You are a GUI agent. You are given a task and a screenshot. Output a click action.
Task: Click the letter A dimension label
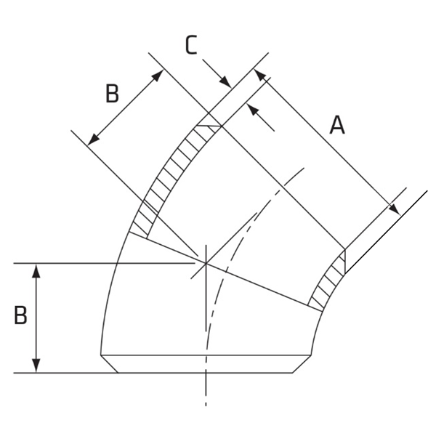336,125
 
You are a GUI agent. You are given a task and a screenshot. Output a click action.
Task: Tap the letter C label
190,46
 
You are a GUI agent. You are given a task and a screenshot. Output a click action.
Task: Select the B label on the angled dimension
111,94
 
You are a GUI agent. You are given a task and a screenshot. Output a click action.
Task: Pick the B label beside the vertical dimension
20,315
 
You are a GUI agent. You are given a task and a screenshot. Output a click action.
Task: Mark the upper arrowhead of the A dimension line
259,76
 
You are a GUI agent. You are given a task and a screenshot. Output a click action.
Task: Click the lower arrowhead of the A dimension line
393,209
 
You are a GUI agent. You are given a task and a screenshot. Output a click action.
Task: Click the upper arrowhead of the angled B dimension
157,74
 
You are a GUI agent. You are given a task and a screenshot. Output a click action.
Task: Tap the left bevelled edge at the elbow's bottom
109,363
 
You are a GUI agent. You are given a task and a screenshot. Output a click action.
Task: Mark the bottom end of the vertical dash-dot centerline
206,404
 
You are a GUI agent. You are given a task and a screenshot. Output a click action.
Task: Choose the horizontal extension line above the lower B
109,262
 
